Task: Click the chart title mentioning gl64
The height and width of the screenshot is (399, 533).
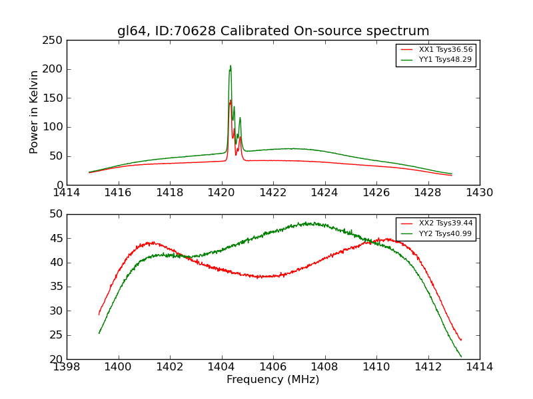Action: coord(273,31)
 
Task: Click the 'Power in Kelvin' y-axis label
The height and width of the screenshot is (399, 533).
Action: coord(35,112)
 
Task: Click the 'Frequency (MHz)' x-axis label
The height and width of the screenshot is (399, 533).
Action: coord(273,380)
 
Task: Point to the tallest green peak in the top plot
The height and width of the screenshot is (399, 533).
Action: coord(231,66)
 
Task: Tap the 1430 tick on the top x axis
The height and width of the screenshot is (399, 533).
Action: coord(480,192)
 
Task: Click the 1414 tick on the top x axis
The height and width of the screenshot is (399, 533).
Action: coord(67,192)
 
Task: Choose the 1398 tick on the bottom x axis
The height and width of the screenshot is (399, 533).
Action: coord(67,366)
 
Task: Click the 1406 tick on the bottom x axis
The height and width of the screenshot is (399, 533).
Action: coord(273,366)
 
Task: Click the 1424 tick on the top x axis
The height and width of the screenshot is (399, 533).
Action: coord(324,192)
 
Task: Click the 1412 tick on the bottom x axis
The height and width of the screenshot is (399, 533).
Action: coord(428,366)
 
